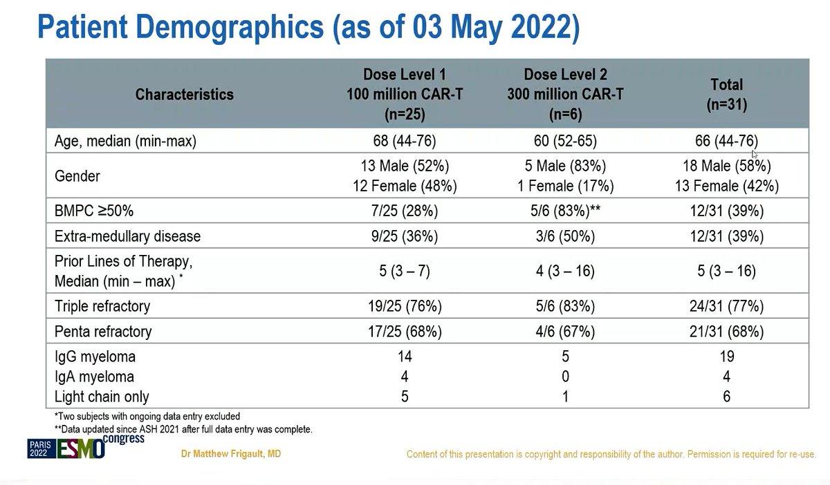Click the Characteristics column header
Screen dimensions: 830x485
[184, 95]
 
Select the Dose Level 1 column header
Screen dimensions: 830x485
[405, 95]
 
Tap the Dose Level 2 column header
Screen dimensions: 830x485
[566, 95]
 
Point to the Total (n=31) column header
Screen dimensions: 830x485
[727, 95]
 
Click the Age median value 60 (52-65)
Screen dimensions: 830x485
[566, 141]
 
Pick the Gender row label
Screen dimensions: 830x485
[77, 176]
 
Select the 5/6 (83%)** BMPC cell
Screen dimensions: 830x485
[566, 211]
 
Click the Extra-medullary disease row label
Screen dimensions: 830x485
[127, 236]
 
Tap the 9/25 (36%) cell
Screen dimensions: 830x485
[405, 236]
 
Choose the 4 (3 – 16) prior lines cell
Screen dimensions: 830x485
[566, 271]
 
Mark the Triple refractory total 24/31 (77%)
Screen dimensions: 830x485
[727, 306]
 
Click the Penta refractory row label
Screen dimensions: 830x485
[103, 332]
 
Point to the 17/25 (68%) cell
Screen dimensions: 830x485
[405, 332]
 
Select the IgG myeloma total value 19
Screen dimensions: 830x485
[727, 356]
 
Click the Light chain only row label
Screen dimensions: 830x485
[102, 397]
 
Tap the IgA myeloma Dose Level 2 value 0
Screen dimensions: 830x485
[566, 377]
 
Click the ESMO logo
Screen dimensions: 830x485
[80, 448]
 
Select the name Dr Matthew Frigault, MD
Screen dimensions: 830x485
[231, 453]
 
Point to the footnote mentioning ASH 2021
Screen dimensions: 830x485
[183, 430]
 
